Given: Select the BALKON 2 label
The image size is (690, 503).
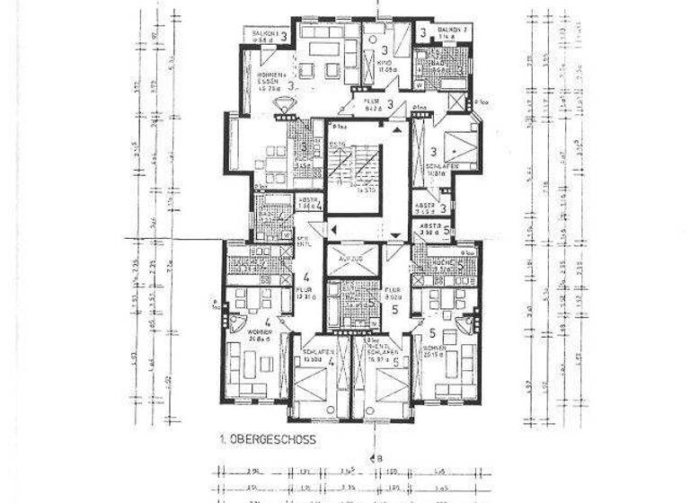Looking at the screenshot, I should (x=454, y=34).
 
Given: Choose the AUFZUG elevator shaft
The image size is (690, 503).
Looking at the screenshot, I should (x=344, y=256).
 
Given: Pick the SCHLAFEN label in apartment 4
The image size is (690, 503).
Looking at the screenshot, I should (x=314, y=354).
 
